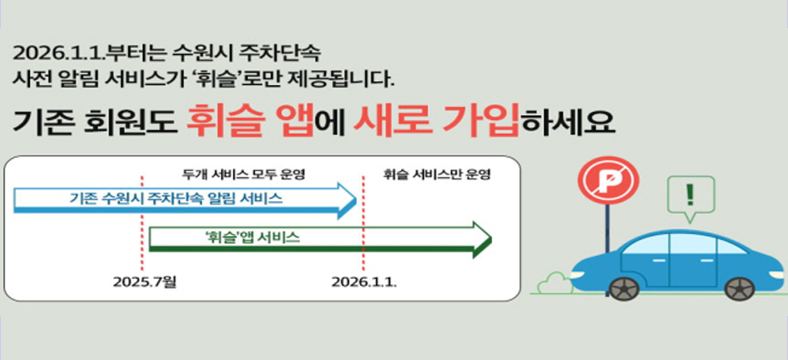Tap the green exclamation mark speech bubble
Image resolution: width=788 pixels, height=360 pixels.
689,196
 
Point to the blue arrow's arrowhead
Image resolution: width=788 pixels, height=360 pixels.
346,199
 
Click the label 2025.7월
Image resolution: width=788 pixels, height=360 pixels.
144,281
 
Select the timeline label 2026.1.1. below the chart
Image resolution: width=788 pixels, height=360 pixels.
364,281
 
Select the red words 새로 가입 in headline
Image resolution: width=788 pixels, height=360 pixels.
436,120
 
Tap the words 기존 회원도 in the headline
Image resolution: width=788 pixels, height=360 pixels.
91,122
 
